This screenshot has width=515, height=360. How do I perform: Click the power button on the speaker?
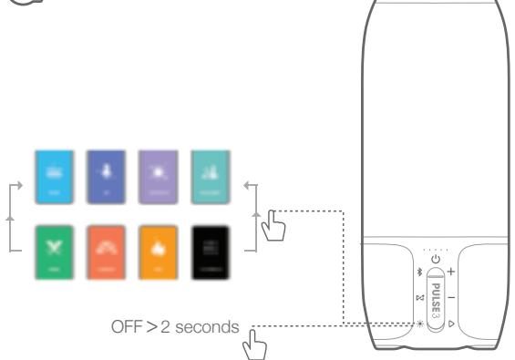tap(436, 261)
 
